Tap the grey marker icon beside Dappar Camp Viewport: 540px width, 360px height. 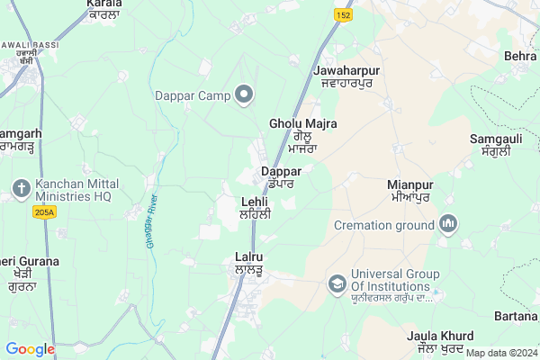point(244,94)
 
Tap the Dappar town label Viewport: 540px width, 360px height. point(281,171)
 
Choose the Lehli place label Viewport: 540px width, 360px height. point(254,202)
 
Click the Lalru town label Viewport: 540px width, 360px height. point(248,257)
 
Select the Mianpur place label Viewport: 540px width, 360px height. point(410,184)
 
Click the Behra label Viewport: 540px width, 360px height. point(520,56)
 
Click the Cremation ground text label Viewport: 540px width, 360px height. point(383,225)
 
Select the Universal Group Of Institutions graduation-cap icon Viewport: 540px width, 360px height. point(336,284)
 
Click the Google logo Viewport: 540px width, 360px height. point(30,349)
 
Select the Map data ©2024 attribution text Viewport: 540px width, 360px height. point(500,353)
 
